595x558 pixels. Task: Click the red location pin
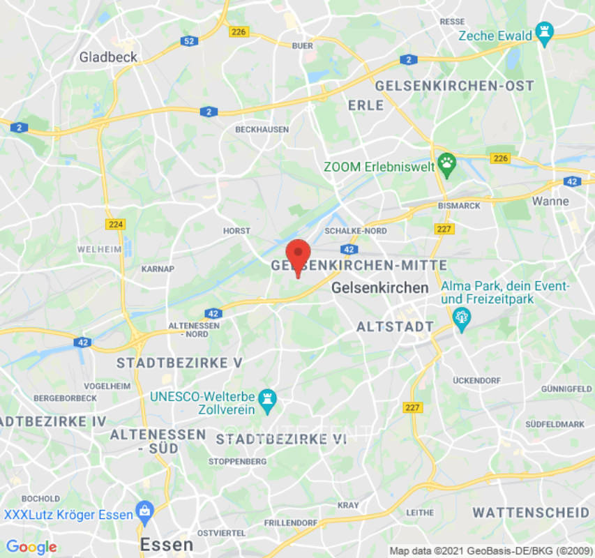[299, 255]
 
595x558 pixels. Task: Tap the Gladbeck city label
[108, 57]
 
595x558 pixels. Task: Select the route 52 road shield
[189, 41]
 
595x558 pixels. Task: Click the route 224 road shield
[115, 224]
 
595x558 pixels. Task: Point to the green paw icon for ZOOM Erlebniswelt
[446, 165]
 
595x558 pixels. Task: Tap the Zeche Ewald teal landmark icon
[545, 32]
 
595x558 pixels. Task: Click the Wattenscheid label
[531, 513]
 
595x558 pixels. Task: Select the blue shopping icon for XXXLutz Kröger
[144, 510]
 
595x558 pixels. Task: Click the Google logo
[31, 547]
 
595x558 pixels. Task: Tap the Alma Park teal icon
[461, 318]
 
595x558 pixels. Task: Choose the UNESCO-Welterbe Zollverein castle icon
[266, 400]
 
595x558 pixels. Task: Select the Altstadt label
[395, 327]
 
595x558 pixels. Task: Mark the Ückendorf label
[476, 380]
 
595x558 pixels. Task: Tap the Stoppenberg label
[237, 462]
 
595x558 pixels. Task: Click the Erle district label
[366, 105]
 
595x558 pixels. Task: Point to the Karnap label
[158, 269]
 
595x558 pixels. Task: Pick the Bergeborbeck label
[65, 398]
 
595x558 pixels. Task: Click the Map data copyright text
[491, 550]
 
